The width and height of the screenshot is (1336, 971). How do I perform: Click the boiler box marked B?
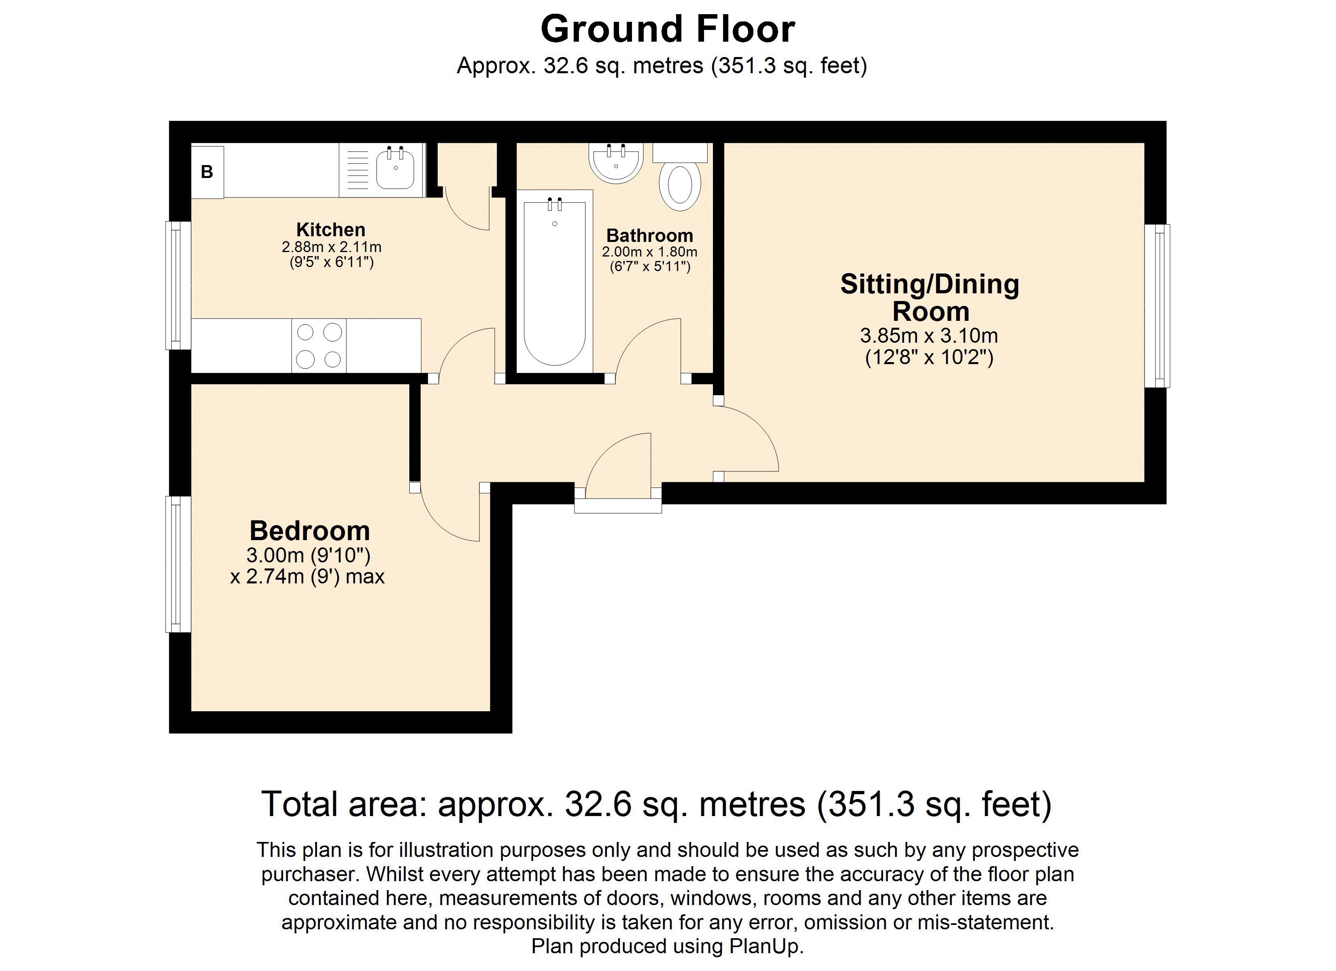(207, 172)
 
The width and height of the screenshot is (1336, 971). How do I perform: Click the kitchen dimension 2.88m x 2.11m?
(331, 247)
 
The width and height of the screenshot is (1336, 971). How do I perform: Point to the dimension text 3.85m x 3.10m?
(929, 336)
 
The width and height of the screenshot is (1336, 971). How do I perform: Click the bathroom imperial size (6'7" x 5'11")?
(650, 267)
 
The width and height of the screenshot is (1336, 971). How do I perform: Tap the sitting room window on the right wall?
(1157, 306)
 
